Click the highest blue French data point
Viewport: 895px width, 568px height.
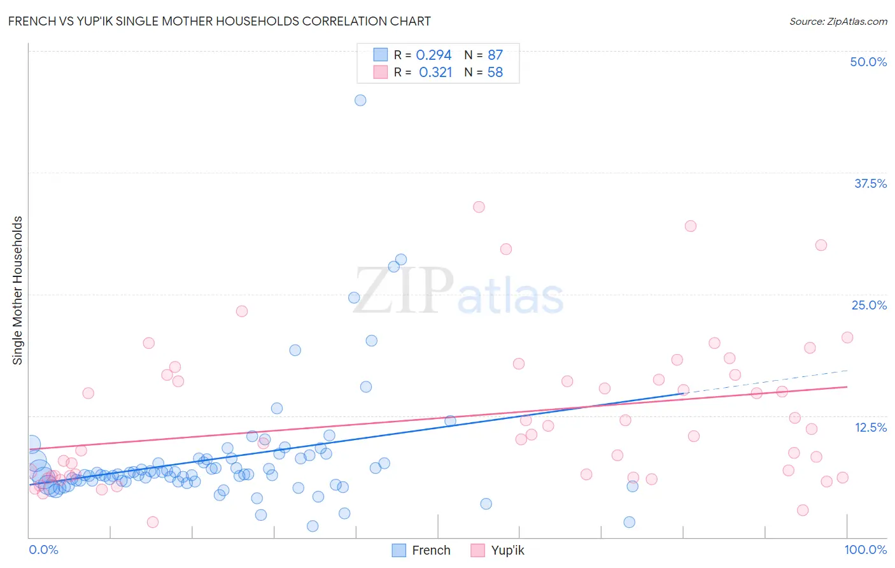point(360,100)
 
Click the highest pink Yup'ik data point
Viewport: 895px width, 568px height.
point(479,207)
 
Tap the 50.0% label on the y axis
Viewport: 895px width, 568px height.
point(868,62)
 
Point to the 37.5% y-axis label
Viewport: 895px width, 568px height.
point(870,183)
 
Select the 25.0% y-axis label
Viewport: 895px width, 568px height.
point(869,305)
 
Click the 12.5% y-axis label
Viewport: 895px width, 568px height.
point(870,427)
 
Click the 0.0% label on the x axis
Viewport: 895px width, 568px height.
point(43,550)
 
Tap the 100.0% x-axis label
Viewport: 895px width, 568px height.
point(865,550)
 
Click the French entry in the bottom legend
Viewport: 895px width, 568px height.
point(430,550)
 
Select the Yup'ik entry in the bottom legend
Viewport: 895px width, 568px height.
point(507,550)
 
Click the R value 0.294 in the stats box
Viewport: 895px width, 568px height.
point(433,55)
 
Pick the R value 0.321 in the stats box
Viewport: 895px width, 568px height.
point(435,73)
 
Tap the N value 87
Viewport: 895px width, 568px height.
point(495,55)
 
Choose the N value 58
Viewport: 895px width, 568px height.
point(495,73)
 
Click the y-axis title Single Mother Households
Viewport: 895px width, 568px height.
point(18,290)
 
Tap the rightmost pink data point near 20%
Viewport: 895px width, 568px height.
point(847,337)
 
